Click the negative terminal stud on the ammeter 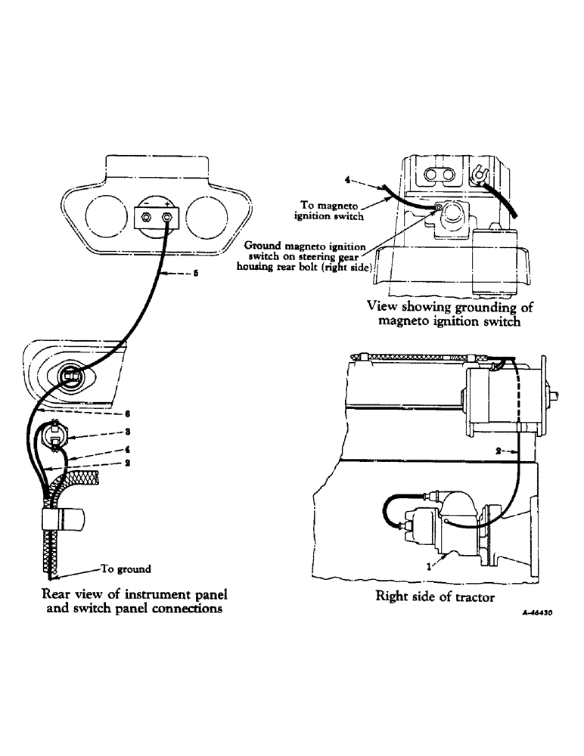[x=147, y=218]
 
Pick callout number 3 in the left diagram [x=129, y=432]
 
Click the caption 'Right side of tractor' [x=435, y=596]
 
